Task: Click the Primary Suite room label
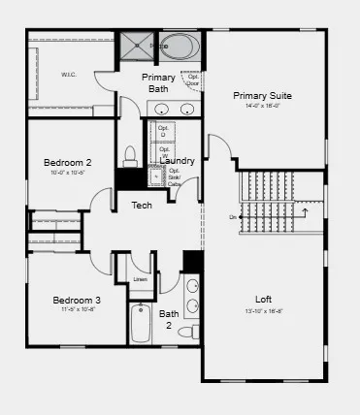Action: (262, 95)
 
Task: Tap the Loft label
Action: (263, 299)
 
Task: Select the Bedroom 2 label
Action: (68, 162)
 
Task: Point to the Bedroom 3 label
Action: (77, 301)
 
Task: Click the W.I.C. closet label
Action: (69, 74)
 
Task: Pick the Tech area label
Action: (142, 205)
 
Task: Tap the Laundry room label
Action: (178, 161)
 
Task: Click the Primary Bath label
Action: (158, 83)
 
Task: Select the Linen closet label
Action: (141, 280)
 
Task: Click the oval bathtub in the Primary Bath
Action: (178, 46)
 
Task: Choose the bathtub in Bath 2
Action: (142, 324)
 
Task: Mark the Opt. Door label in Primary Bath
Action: (193, 80)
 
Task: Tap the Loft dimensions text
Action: (263, 312)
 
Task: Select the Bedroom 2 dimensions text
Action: (68, 173)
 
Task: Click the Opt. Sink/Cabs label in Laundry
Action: (175, 179)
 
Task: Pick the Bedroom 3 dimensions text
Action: (77, 311)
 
